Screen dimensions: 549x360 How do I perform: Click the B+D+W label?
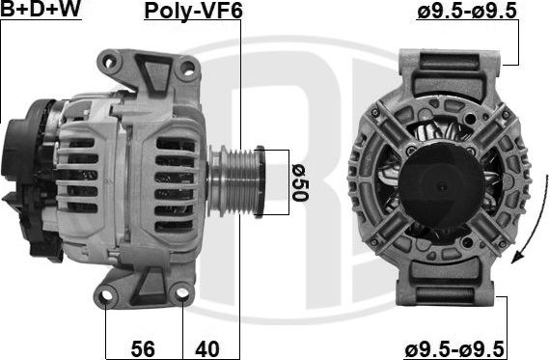(x=41, y=9)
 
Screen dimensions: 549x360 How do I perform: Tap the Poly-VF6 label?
(x=193, y=11)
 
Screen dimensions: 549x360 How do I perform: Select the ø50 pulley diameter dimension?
(x=300, y=182)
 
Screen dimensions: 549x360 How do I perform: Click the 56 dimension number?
(x=143, y=348)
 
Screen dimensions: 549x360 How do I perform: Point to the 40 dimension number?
(x=207, y=348)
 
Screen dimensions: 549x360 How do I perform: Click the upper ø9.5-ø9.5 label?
(x=467, y=11)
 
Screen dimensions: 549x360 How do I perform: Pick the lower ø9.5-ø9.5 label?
(x=454, y=349)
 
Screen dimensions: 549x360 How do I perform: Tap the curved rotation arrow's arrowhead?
(x=517, y=257)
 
